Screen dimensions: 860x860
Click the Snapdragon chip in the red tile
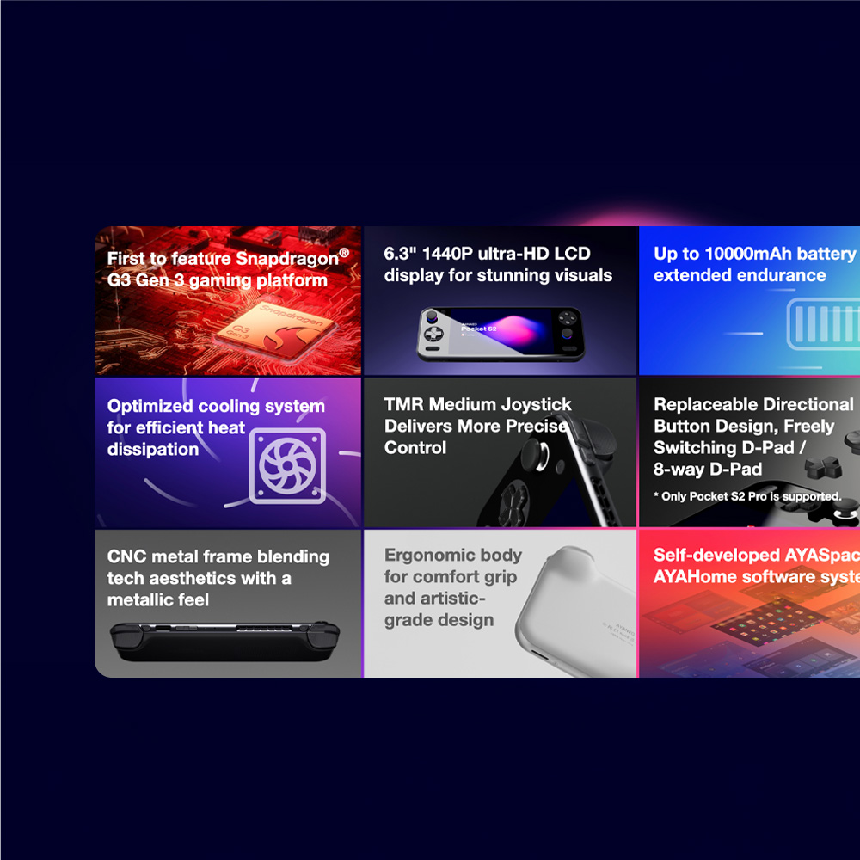(x=273, y=331)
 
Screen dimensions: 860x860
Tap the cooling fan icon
(x=287, y=465)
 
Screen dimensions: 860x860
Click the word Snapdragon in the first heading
(x=287, y=259)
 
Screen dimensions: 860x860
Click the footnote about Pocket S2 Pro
(x=746, y=496)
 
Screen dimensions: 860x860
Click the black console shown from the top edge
(x=224, y=640)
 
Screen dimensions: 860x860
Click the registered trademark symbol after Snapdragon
(x=344, y=253)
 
